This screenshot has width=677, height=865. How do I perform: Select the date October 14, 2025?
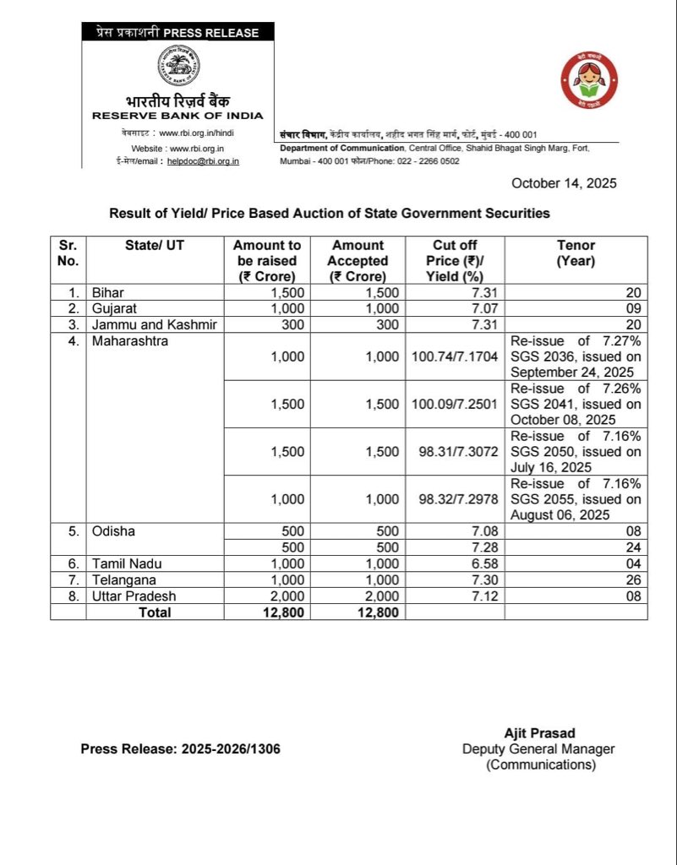pos(564,183)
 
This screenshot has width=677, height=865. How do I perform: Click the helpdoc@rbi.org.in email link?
pos(203,160)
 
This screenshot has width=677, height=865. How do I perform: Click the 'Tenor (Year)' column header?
pos(576,253)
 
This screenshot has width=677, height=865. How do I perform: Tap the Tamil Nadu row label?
pos(128,563)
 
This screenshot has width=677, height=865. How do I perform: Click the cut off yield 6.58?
pos(468,563)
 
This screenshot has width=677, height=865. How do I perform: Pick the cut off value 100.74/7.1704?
pos(456,357)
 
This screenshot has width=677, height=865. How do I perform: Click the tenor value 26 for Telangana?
pos(633,579)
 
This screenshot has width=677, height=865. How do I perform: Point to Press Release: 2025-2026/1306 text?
pos(181,748)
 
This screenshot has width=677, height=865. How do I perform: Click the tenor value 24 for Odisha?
pos(633,547)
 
